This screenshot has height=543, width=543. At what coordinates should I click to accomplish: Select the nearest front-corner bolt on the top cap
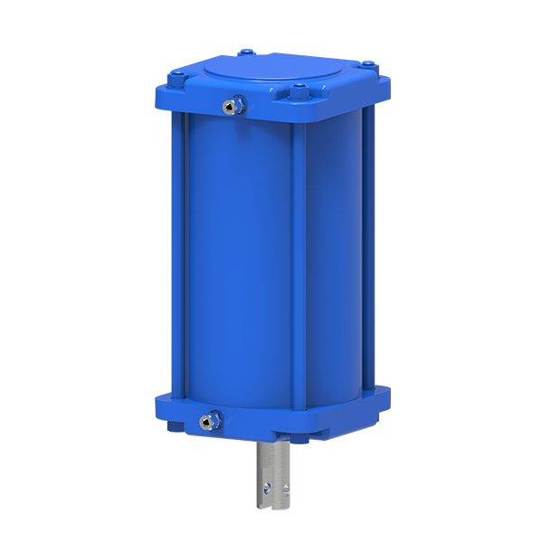(299, 93)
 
